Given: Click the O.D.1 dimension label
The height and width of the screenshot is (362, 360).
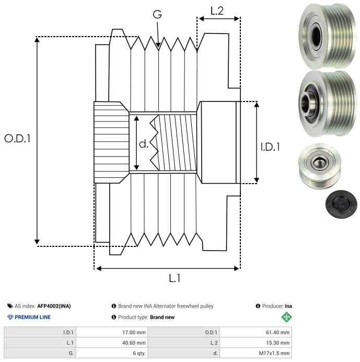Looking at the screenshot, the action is pyautogui.click(x=18, y=139).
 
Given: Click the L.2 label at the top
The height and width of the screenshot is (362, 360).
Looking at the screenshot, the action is pyautogui.click(x=217, y=11).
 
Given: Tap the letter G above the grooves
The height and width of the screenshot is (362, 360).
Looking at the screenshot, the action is pyautogui.click(x=157, y=14).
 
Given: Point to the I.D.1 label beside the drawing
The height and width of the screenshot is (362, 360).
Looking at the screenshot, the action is pyautogui.click(x=270, y=147).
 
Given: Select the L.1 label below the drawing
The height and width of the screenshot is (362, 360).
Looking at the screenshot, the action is pyautogui.click(x=175, y=278).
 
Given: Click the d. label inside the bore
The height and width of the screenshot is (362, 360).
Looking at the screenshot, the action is pyautogui.click(x=144, y=144).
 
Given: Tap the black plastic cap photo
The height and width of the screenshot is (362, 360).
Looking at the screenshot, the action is pyautogui.click(x=341, y=204).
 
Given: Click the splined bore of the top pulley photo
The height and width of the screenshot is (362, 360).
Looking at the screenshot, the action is pyautogui.click(x=316, y=36).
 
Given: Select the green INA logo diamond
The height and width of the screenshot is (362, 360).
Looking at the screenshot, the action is pyautogui.click(x=286, y=317).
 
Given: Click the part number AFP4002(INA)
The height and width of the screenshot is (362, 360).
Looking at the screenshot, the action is pyautogui.click(x=54, y=306).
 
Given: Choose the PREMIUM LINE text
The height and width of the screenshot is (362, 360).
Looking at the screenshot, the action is pyautogui.click(x=32, y=317).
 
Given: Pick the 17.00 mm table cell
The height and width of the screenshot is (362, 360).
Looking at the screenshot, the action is pyautogui.click(x=112, y=332).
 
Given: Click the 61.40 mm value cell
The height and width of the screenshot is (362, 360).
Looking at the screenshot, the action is pyautogui.click(x=256, y=332).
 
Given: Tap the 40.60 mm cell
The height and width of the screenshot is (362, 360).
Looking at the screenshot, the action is pyautogui.click(x=112, y=343).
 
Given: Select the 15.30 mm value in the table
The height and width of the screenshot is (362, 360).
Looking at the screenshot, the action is pyautogui.click(x=277, y=343).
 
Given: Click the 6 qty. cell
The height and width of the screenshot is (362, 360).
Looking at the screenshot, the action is pyautogui.click(x=112, y=353).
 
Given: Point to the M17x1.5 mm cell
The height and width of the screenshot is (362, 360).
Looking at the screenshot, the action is pyautogui.click(x=256, y=353).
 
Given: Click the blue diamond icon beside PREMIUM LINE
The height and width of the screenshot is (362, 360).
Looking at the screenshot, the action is pyautogui.click(x=10, y=317).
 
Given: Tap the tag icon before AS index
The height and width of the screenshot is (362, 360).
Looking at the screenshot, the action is pyautogui.click(x=10, y=306).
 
